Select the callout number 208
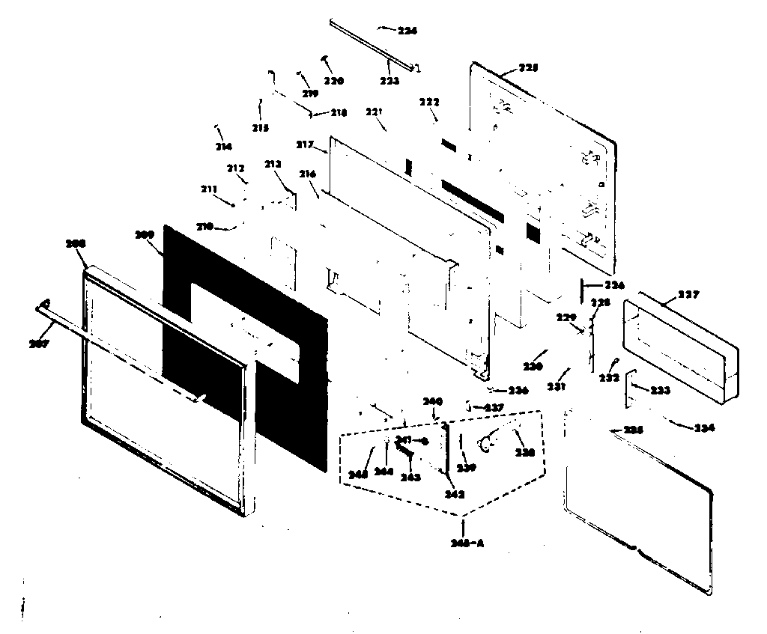(x=76, y=244)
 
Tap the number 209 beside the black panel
(x=144, y=234)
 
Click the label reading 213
(x=273, y=165)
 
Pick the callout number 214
(x=223, y=147)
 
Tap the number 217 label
(x=304, y=144)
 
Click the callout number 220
(x=334, y=81)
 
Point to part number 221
(x=375, y=112)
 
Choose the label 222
(x=429, y=102)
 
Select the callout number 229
(x=568, y=317)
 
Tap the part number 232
(x=609, y=378)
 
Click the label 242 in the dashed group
(x=454, y=494)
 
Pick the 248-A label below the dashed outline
(x=469, y=543)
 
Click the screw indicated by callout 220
(x=326, y=58)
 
